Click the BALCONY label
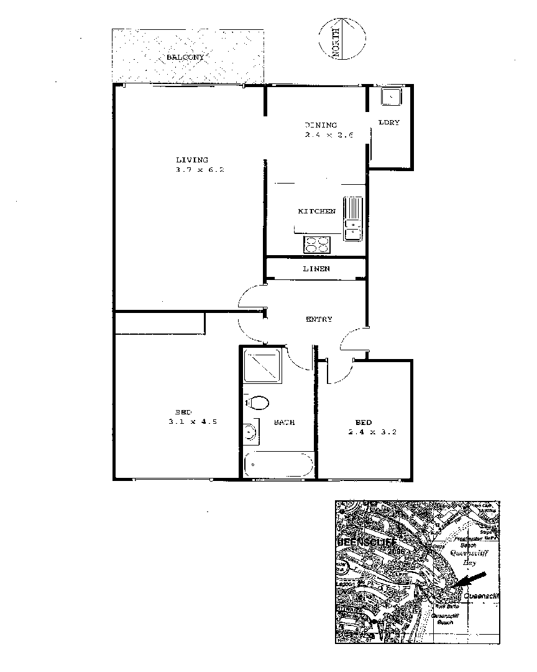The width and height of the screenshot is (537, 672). pos(185,57)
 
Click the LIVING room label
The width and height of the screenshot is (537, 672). pos(191,160)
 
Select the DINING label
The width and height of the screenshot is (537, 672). pos(321,125)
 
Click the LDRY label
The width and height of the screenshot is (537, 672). pos(389,122)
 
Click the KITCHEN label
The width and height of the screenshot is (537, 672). pos(316,212)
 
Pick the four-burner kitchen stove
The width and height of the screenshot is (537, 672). pos(316,245)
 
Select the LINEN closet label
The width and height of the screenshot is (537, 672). pos(316,269)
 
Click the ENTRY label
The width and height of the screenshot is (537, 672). pos(319,319)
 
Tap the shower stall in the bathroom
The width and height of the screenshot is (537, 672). pos(264,367)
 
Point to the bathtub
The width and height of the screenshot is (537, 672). pos(278,465)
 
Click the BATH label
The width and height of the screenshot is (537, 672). pos(284,422)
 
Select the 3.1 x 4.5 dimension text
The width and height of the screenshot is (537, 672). pos(192,422)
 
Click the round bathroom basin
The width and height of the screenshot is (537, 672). pos(250,431)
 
